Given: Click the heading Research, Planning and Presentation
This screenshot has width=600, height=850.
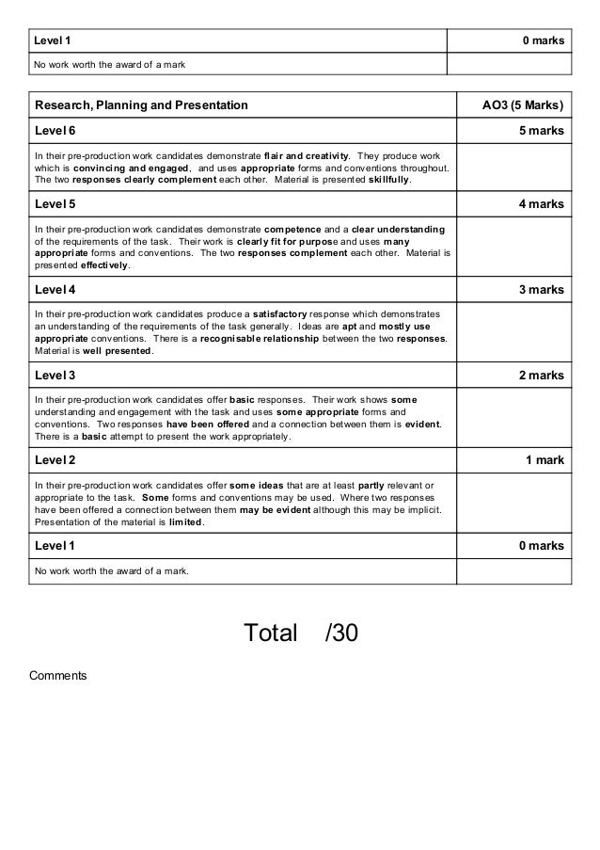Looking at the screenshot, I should coord(141,104).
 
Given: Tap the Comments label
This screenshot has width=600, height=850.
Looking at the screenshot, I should coord(57,675).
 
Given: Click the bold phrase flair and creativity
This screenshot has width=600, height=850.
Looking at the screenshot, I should coord(308,154).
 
